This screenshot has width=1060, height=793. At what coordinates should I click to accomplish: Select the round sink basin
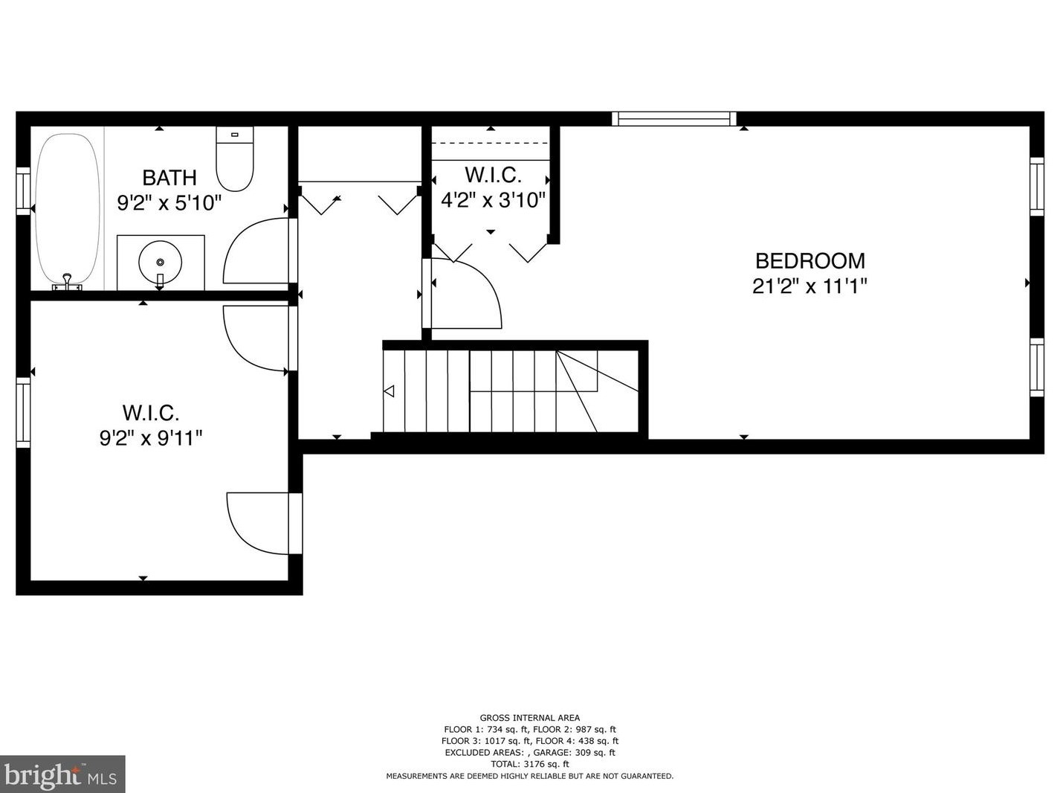coord(160,261)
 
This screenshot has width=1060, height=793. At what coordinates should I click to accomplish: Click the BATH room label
coord(169,178)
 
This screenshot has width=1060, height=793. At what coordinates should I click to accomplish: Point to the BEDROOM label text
coord(809,261)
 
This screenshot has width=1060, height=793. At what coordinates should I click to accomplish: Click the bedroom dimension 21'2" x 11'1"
coord(809,286)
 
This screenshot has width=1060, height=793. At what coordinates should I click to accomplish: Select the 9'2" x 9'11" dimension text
coord(151,438)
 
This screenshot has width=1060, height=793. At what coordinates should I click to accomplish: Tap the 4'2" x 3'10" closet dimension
coord(493,200)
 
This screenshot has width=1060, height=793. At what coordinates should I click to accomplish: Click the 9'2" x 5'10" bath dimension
coord(169,202)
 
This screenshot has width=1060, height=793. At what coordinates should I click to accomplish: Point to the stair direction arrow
coord(389,391)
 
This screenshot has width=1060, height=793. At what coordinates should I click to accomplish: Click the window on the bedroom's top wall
coord(674,118)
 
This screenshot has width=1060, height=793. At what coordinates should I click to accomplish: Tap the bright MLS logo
coord(62,774)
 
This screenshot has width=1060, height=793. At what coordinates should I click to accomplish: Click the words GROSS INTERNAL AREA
coord(529,718)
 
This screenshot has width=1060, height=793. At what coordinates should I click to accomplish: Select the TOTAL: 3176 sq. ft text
coord(529,764)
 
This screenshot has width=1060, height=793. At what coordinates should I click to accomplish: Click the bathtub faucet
coord(68,282)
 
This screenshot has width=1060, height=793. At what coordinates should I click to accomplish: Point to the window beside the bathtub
coord(23,191)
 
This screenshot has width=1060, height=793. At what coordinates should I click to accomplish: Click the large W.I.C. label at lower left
coord(151,413)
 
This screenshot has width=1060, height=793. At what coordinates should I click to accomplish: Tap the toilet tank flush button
coord(235,135)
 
